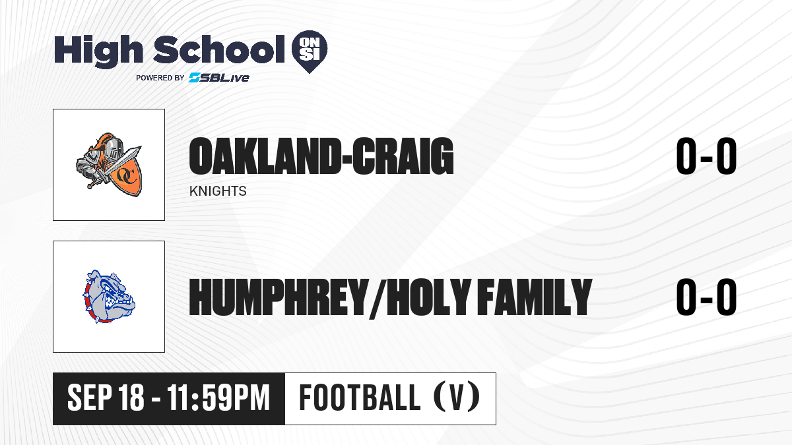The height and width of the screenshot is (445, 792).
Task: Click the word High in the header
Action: point(98,51)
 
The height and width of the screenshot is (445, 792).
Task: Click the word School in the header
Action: point(219,49)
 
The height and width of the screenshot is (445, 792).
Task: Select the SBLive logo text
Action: point(219,78)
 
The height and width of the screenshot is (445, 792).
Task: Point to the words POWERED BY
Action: point(160,78)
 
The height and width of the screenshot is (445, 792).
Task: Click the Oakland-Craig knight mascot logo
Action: point(109,165)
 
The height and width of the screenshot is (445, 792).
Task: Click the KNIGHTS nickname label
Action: point(218,191)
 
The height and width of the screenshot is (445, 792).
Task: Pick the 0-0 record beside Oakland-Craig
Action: point(706,156)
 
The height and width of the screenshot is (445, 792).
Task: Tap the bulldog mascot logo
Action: point(109,297)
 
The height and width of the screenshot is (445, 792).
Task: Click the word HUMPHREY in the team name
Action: point(277,297)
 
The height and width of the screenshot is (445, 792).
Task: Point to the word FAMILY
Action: point(534,297)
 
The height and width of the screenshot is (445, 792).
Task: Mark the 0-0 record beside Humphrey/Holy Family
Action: point(706,297)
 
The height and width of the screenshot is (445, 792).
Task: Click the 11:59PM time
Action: point(218,398)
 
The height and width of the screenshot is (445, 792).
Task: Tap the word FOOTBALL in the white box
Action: point(360,398)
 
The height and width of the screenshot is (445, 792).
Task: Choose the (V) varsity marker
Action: point(457,398)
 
